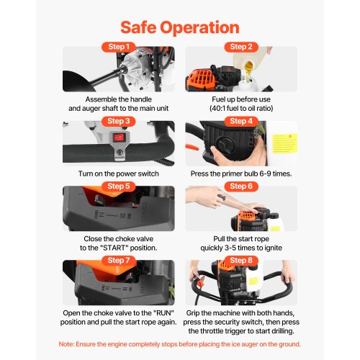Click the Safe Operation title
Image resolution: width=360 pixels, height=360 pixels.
pos(180,27)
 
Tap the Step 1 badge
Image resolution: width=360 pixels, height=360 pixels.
pos(119,47)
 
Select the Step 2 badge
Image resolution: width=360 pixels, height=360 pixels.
pos(241,47)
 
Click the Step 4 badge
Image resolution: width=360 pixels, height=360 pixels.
pos(241,121)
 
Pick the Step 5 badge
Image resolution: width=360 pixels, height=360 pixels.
pos(119,186)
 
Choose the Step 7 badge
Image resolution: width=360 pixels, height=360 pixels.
pos(119,261)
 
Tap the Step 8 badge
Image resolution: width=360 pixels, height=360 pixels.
pos(241,261)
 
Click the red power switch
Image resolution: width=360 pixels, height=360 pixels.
pos(120,138)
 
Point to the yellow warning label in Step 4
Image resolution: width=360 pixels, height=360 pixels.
pos(284,143)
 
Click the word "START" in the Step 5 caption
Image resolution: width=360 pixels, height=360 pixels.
pos(114,248)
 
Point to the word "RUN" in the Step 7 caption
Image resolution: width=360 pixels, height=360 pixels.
pos(163,313)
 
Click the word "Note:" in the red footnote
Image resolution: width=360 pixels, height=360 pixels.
pos(66,344)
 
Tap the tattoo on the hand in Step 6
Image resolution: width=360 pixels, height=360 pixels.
pos(221,197)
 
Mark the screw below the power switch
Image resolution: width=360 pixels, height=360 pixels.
pos(120,152)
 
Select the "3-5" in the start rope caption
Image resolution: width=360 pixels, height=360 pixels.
pos(230,248)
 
